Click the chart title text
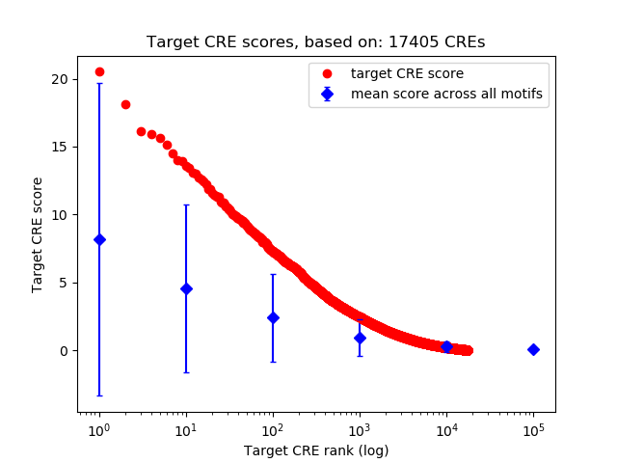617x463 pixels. tap(316, 42)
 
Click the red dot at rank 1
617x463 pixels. tap(99, 71)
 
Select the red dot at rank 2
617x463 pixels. tap(125, 104)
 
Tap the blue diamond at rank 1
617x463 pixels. tap(99, 239)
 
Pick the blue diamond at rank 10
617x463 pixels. tap(186, 288)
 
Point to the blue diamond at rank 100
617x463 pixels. tap(273, 317)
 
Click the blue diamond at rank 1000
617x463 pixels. tap(360, 338)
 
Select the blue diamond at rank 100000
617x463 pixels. tap(533, 349)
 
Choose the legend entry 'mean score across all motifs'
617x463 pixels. tap(446, 94)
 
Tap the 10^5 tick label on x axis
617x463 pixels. tap(533, 427)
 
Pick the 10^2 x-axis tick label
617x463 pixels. tap(273, 427)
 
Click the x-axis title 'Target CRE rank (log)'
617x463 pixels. tap(316, 449)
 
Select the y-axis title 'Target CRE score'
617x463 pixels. tap(38, 234)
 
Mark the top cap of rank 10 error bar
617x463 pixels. tap(186, 204)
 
